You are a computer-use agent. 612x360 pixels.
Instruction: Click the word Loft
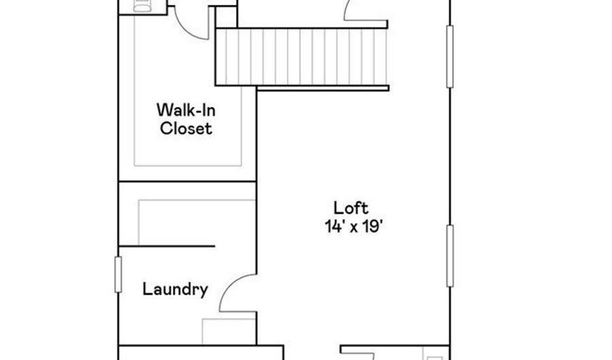(351, 208)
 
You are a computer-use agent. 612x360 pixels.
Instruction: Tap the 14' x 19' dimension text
(353, 226)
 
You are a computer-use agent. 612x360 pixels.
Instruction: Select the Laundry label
(175, 289)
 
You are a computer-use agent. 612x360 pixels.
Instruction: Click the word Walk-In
(186, 110)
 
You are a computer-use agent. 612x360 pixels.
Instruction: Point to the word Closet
(186, 129)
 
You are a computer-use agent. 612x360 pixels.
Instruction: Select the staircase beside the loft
(302, 57)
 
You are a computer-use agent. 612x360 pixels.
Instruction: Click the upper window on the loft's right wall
(449, 56)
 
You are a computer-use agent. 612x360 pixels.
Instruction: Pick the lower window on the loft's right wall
(449, 256)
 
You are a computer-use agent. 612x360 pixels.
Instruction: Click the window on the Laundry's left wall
(118, 274)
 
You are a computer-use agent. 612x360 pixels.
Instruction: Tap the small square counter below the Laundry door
(228, 331)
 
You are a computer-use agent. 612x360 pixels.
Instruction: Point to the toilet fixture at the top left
(143, 5)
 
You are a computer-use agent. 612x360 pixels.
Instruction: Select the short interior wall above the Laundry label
(167, 246)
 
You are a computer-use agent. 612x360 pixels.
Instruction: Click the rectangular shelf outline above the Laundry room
(197, 223)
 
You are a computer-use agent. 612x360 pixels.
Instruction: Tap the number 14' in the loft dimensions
(333, 226)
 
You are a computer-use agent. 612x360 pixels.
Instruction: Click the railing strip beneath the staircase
(323, 88)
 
